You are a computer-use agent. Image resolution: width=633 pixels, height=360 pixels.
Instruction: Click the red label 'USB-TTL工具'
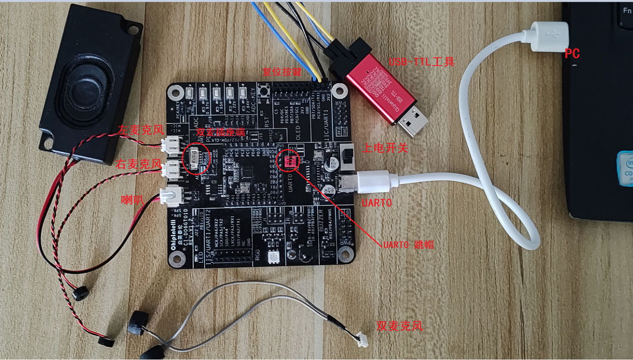422,62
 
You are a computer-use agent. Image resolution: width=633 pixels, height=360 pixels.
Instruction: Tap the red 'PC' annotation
572,53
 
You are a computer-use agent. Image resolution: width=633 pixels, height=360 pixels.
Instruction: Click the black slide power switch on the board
347,157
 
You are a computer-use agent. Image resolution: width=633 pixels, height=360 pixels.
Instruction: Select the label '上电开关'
385,148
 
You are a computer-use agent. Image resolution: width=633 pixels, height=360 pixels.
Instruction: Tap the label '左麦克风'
141,130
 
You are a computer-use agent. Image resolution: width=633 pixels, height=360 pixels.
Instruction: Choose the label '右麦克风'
138,164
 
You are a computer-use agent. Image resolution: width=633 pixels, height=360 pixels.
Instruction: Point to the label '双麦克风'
399,326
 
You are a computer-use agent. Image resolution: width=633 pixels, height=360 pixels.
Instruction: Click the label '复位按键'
281,72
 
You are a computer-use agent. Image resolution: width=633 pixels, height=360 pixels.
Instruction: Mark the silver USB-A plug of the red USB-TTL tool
414,120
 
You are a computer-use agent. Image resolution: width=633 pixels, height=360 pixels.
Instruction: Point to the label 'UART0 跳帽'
408,245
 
